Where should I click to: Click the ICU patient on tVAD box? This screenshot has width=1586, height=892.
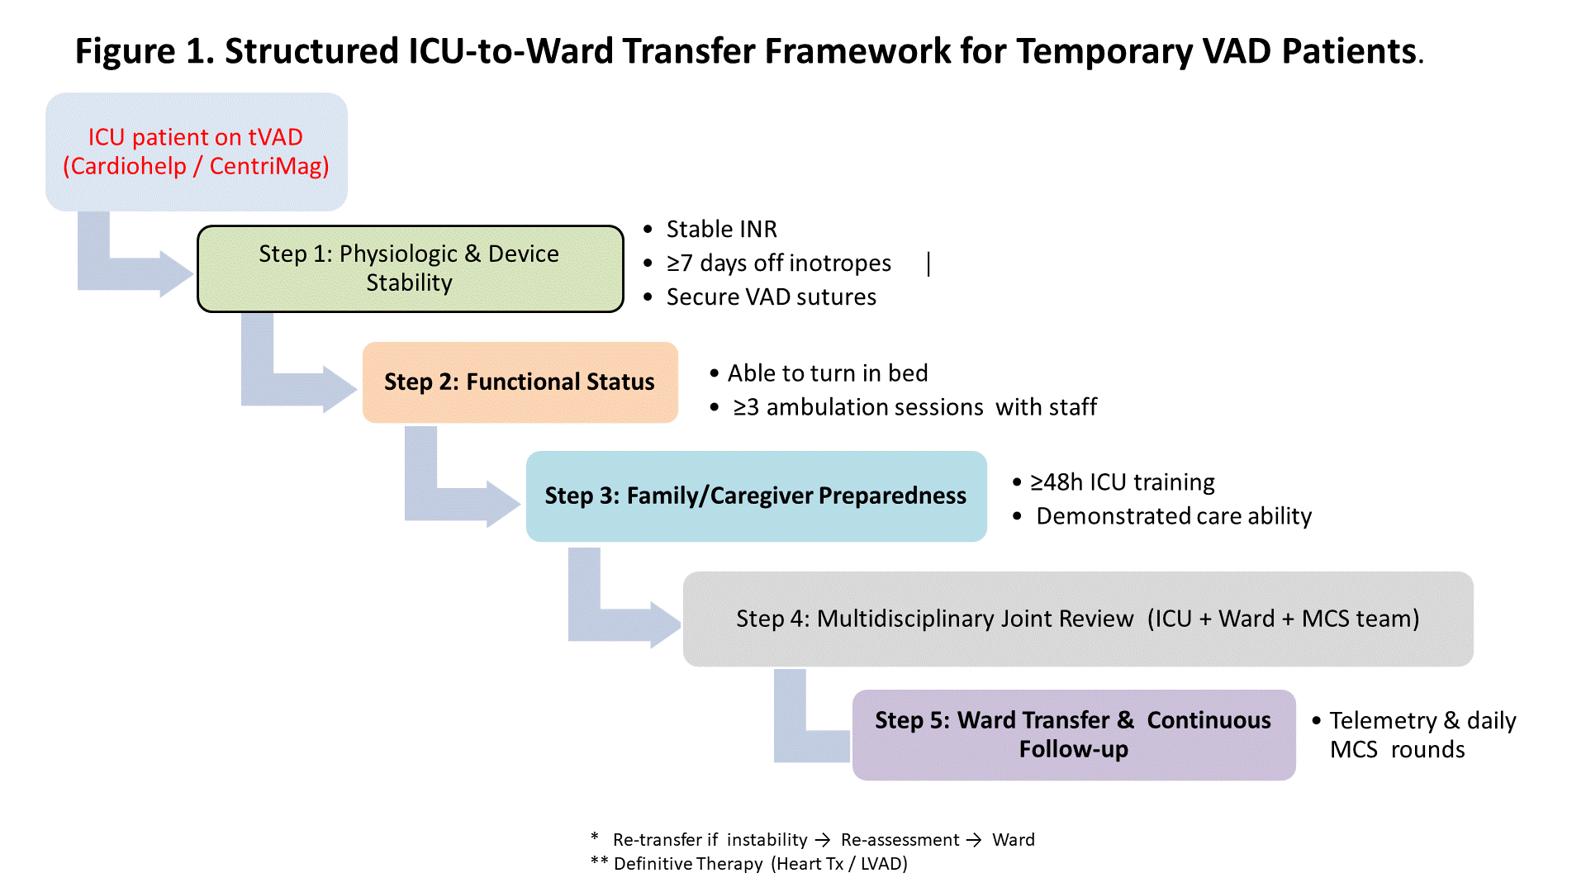tap(197, 152)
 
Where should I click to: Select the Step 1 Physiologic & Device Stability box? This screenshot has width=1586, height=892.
tap(410, 268)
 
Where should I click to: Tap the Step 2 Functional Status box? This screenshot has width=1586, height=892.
tap(520, 382)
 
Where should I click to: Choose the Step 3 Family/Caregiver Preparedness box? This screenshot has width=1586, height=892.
tap(756, 496)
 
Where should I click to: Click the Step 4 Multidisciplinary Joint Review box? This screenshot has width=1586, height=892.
tap(1077, 619)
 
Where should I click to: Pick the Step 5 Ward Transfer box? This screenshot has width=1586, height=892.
tap(1073, 734)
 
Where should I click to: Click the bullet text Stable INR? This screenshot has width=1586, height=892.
tap(721, 229)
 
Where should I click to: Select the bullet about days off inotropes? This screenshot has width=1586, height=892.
tap(778, 263)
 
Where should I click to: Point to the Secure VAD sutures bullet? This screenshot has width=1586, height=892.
tap(771, 297)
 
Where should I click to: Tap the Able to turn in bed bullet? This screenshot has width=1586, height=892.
tap(827, 373)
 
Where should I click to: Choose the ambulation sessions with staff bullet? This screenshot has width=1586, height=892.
tap(914, 407)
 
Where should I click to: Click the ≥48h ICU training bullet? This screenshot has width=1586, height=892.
tap(1122, 482)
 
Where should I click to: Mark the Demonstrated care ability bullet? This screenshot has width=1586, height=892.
tap(1173, 516)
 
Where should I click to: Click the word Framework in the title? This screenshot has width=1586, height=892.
tap(857, 51)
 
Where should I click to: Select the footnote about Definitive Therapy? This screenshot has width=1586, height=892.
tap(759, 864)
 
